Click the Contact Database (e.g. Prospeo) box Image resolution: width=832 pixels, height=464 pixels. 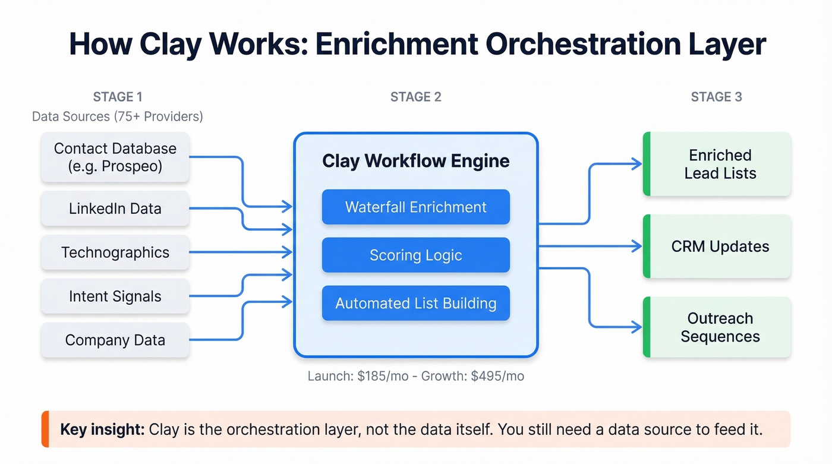pyautogui.click(x=115, y=157)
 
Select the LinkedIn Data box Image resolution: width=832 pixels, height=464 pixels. pyautogui.click(x=115, y=209)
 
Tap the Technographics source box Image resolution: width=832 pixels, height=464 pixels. pyautogui.click(x=115, y=252)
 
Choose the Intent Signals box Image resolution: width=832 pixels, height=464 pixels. pyautogui.click(x=115, y=296)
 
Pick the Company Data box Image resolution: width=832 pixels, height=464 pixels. pyautogui.click(x=115, y=340)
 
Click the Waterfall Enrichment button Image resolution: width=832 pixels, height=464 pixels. pyautogui.click(x=415, y=207)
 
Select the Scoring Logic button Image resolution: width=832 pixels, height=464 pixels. pyautogui.click(x=415, y=255)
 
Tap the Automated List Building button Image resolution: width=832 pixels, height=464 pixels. pyautogui.click(x=415, y=304)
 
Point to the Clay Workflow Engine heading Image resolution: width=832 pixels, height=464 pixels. pyautogui.click(x=415, y=161)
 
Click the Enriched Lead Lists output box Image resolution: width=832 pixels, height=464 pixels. pyautogui.click(x=720, y=165)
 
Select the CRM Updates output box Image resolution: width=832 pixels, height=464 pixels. pyautogui.click(x=720, y=247)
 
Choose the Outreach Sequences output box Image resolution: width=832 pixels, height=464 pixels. pyautogui.click(x=720, y=327)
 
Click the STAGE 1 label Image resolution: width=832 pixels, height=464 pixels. pyautogui.click(x=118, y=97)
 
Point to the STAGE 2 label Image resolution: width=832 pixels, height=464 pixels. pyautogui.click(x=415, y=97)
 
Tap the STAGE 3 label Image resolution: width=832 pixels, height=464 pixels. pyautogui.click(x=716, y=97)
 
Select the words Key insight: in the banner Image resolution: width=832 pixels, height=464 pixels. pyautogui.click(x=102, y=429)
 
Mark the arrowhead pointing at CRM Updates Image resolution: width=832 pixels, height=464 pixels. pyautogui.click(x=637, y=246)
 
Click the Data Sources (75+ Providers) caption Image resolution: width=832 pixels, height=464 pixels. pyautogui.click(x=118, y=116)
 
